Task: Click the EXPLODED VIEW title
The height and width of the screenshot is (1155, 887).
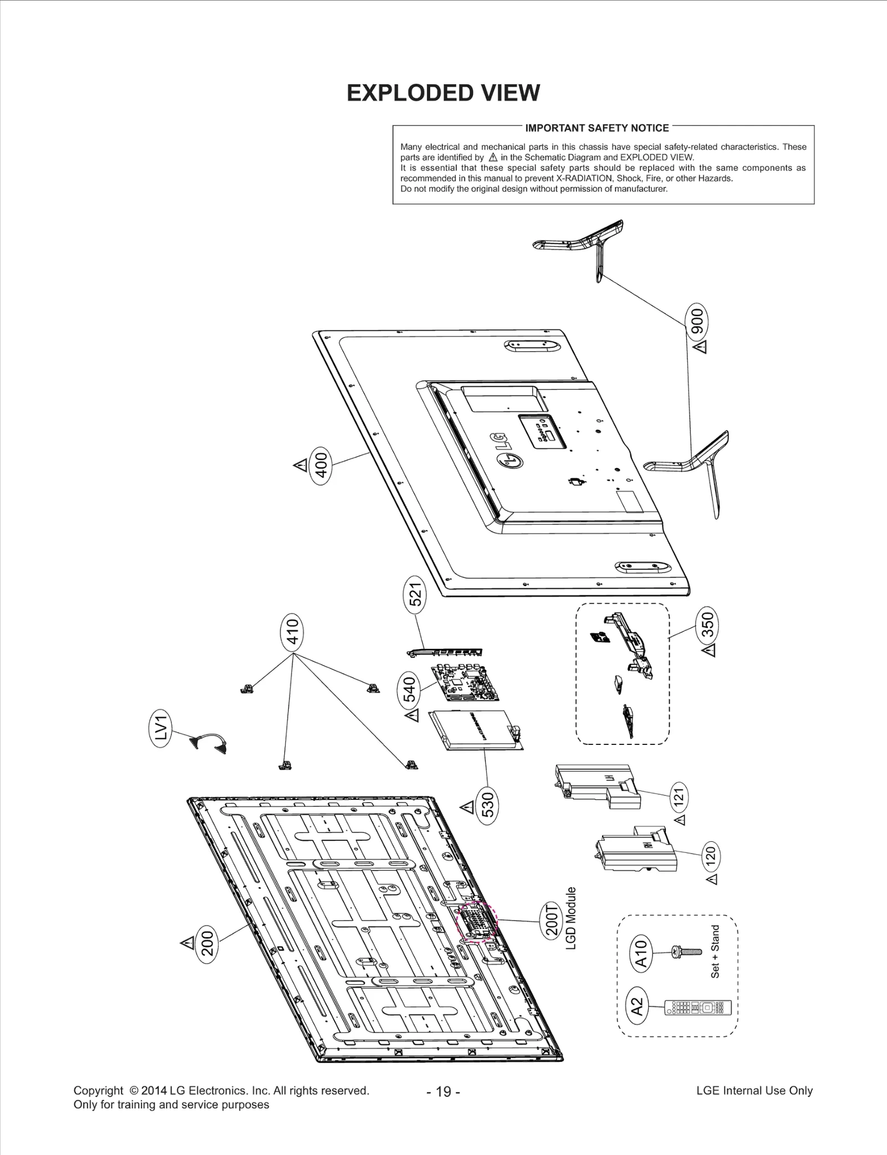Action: (x=443, y=93)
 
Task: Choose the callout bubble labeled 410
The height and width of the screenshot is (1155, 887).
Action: (x=292, y=631)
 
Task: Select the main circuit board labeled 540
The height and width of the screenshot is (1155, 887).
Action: (x=465, y=682)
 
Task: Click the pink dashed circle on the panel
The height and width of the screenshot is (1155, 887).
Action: (x=477, y=921)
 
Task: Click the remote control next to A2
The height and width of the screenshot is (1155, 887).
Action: (x=698, y=1008)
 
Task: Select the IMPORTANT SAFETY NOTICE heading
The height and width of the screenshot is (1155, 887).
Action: (x=597, y=128)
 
